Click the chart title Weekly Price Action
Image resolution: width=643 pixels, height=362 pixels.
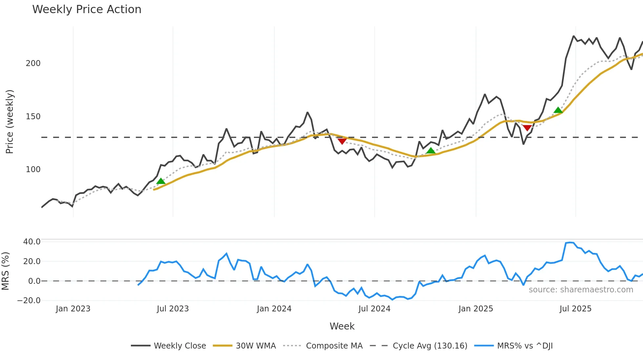[x=87, y=10]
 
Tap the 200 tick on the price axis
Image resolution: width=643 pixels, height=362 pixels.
[x=33, y=63]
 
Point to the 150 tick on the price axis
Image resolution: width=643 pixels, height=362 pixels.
[x=33, y=117]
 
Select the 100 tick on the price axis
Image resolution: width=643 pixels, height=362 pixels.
[x=33, y=170]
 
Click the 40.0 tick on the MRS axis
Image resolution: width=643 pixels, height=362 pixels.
[x=32, y=242]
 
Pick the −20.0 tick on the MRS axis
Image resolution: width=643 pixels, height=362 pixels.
[x=29, y=301]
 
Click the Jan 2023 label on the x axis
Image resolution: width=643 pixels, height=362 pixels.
[x=73, y=309]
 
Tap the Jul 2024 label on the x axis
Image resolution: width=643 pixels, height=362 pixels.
[x=374, y=309]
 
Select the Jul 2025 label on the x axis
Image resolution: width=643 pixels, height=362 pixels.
[x=575, y=309]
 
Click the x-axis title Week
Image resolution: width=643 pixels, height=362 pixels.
[x=342, y=326]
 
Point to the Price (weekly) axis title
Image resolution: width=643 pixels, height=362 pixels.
[x=10, y=122]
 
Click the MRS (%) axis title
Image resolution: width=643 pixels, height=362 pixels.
[x=5, y=271]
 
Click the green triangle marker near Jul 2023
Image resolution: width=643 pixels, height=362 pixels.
[x=161, y=181]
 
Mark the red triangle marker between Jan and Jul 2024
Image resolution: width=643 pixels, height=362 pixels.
[x=342, y=141]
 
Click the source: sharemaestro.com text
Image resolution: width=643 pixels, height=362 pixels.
[x=581, y=290]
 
